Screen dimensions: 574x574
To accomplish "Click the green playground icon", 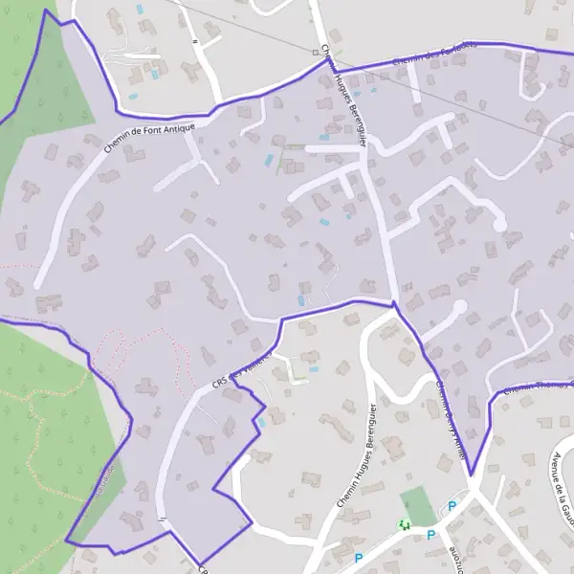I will (x=404, y=524).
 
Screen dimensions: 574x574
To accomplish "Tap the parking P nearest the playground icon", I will (x=430, y=535).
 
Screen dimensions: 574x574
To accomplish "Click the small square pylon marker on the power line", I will (x=314, y=51).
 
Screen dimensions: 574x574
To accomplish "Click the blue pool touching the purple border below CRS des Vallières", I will (x=261, y=422).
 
